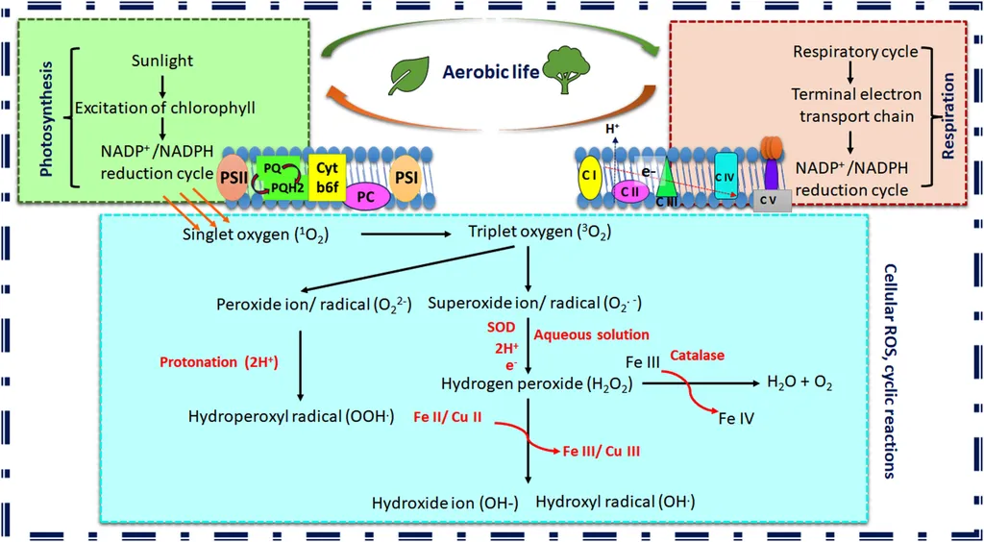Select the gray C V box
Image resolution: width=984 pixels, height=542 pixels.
tap(769, 199)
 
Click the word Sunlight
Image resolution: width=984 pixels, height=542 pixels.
tap(162, 61)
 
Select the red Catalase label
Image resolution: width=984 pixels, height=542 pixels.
tap(698, 355)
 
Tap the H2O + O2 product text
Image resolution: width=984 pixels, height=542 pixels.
tap(798, 382)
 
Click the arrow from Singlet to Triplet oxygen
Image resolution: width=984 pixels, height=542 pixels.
tap(407, 233)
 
